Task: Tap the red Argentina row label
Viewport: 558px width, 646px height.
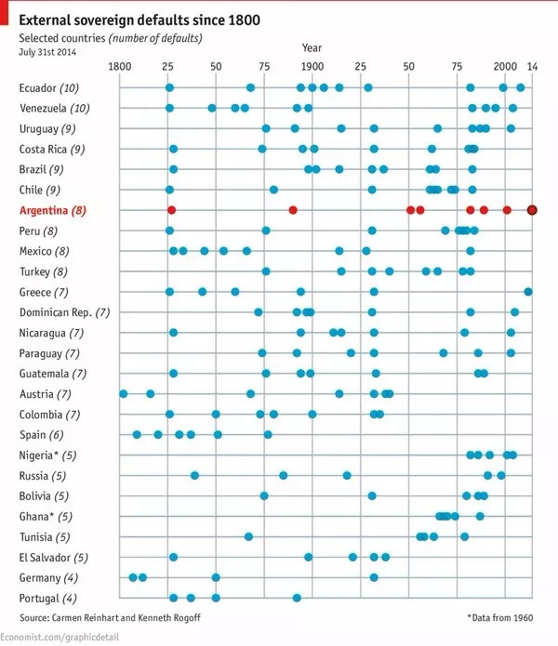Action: (x=52, y=211)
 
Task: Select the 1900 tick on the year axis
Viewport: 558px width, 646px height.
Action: (x=312, y=67)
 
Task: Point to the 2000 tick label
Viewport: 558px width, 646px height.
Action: (x=505, y=67)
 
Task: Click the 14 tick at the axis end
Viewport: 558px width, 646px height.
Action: (x=532, y=67)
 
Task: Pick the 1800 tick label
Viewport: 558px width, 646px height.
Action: (x=120, y=67)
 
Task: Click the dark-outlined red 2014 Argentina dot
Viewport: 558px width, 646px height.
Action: (x=532, y=210)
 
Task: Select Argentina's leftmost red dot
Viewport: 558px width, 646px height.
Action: (x=171, y=210)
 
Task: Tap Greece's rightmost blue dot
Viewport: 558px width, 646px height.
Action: (x=528, y=292)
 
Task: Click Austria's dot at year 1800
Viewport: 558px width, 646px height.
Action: (x=124, y=394)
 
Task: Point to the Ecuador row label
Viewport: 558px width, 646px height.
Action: (x=48, y=88)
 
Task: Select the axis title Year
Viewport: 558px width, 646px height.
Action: (x=312, y=47)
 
